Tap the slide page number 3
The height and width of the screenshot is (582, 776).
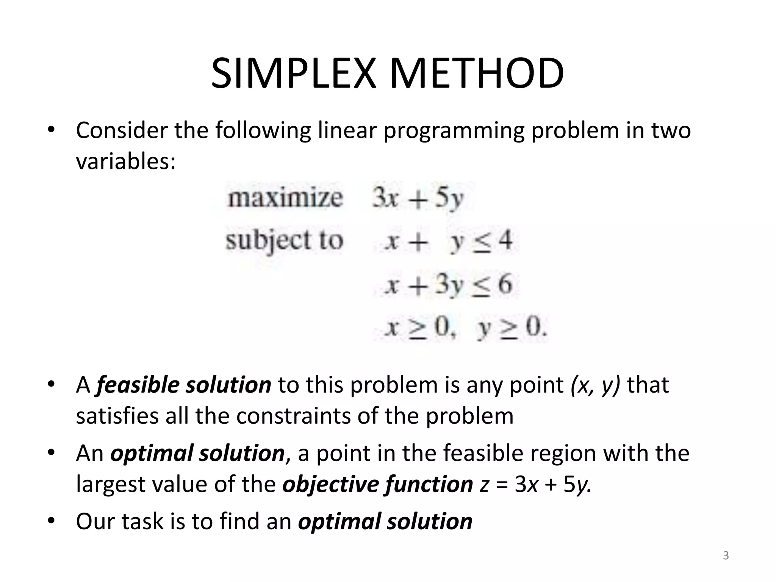(726, 556)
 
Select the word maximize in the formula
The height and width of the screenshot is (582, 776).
(285, 198)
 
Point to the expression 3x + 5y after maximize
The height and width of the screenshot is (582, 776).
(418, 199)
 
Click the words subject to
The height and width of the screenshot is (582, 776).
(284, 241)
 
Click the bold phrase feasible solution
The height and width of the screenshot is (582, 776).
(184, 385)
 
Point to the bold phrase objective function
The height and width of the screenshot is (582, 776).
(378, 484)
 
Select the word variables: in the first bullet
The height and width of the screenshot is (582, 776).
(126, 162)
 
